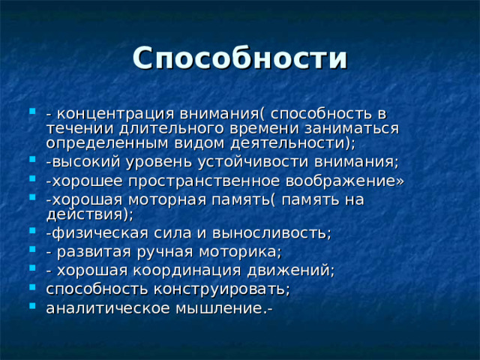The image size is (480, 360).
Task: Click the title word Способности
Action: tap(240, 58)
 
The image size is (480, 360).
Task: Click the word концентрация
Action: tap(114, 114)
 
